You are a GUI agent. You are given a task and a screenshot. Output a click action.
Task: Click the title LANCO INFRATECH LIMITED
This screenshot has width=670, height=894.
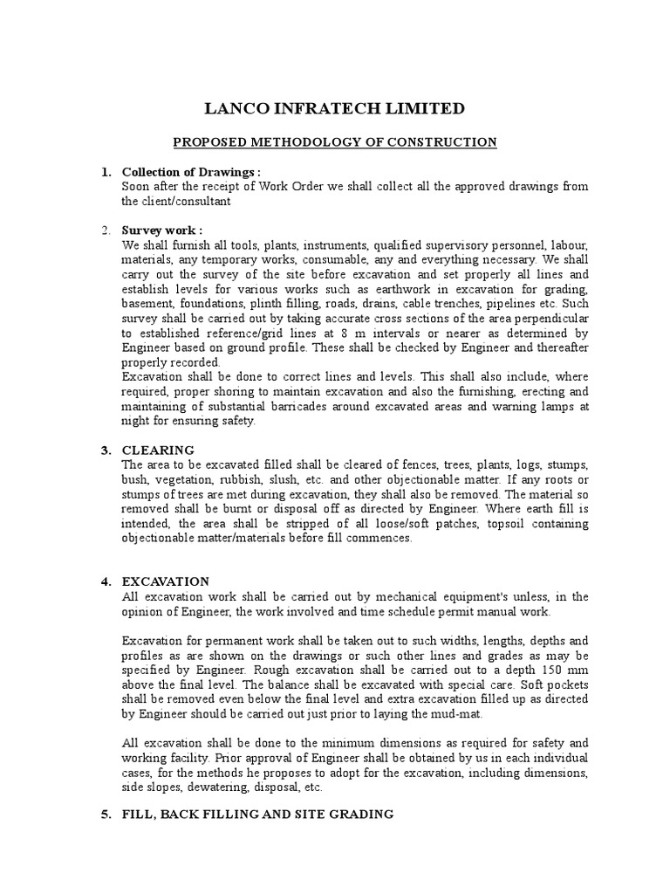(334, 108)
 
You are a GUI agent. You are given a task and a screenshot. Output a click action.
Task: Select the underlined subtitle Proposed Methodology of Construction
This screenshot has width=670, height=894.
(334, 142)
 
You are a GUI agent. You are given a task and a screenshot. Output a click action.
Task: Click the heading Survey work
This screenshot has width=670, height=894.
(159, 230)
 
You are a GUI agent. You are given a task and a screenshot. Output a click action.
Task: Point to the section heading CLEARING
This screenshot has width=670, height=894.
(158, 450)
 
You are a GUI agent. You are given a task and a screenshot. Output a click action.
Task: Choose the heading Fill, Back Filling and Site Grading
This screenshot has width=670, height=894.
(257, 814)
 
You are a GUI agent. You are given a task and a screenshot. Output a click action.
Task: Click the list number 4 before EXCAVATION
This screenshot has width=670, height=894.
(106, 581)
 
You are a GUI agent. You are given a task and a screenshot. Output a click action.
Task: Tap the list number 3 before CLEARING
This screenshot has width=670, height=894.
(106, 450)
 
